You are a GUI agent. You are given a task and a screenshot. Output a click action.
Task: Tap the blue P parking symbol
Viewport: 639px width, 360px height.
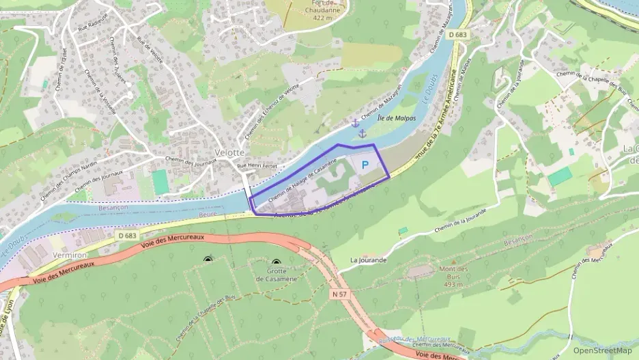pos(365,165)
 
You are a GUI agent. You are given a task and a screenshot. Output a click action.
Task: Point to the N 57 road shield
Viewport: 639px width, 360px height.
pos(339,294)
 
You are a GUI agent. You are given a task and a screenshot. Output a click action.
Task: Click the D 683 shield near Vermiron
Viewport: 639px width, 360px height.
pos(127,236)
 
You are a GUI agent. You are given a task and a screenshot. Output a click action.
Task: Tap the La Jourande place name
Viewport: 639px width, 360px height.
pos(369,260)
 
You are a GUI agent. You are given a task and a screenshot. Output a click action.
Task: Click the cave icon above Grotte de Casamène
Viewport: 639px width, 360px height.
pos(276,262)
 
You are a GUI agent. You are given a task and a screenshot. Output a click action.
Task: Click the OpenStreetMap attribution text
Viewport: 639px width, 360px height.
pos(602,350)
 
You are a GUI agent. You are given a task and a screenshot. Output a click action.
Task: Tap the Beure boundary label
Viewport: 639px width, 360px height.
pos(210,214)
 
